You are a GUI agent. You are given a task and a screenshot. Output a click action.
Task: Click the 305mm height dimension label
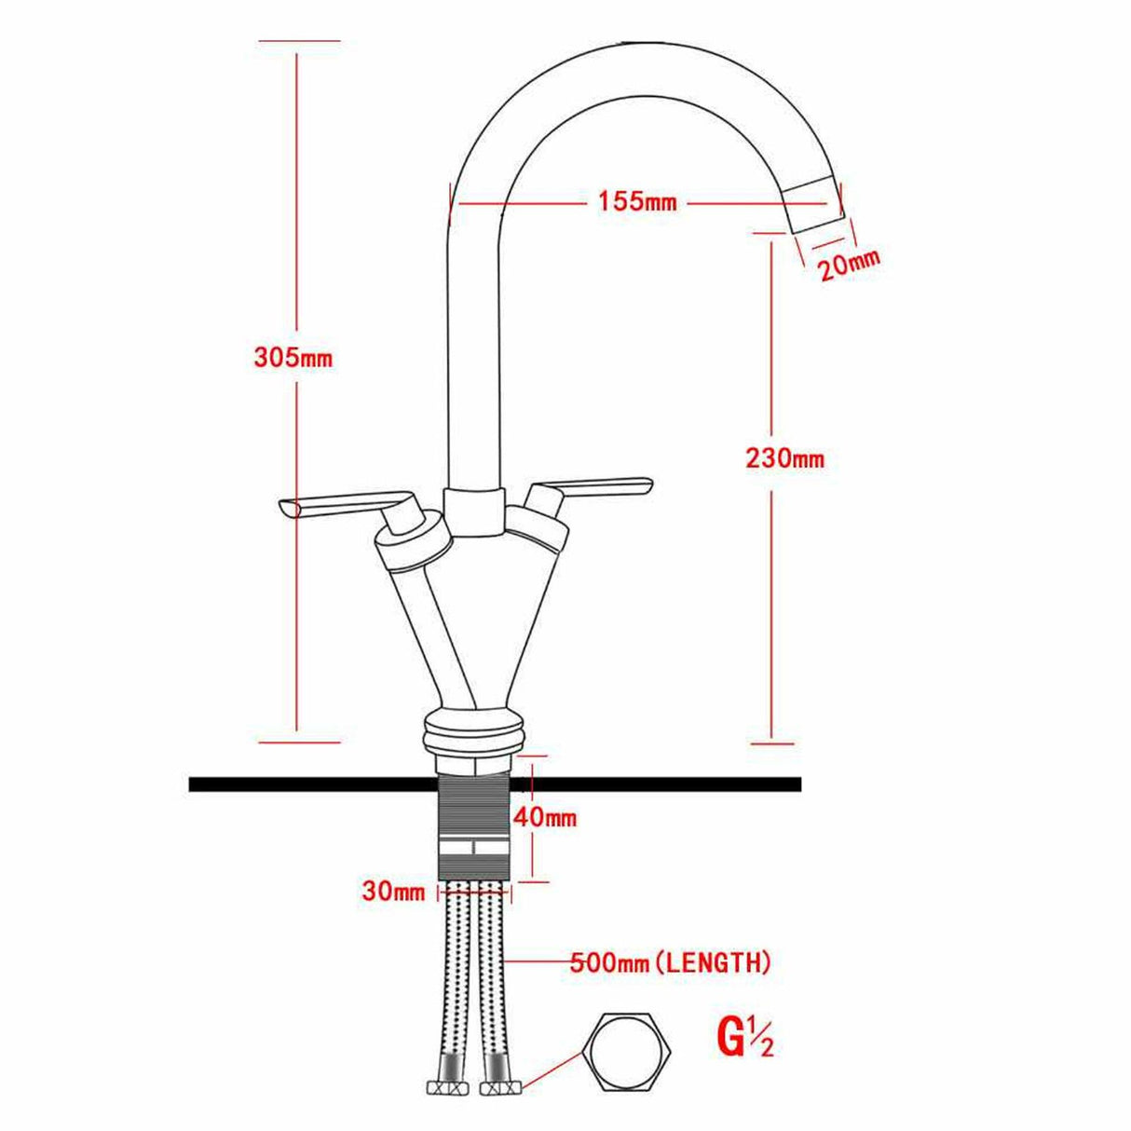click(x=293, y=358)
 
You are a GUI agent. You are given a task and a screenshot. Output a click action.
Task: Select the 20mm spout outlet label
click(x=848, y=266)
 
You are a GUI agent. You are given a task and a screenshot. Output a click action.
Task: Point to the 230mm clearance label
click(x=784, y=458)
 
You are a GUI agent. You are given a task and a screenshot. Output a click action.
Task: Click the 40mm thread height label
click(x=545, y=819)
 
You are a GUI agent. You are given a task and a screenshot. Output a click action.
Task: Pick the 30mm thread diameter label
click(x=392, y=892)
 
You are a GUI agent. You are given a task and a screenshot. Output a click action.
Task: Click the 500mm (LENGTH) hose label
click(x=670, y=962)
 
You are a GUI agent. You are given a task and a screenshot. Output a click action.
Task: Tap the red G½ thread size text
click(x=744, y=1039)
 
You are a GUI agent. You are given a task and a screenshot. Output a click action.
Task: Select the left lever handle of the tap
click(x=345, y=504)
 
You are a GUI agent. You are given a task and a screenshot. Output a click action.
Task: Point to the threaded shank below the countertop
click(x=473, y=820)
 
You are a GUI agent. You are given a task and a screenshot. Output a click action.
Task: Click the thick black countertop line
click(x=279, y=784)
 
